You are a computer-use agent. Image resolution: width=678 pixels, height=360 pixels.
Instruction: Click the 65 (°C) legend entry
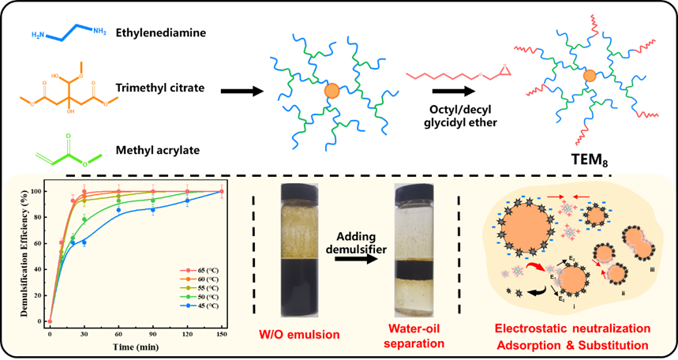pyautogui.click(x=205, y=270)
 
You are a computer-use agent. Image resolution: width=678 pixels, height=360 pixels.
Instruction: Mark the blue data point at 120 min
pyautogui.click(x=187, y=201)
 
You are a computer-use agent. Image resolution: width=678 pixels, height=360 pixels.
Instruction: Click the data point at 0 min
pyautogui.click(x=50, y=321)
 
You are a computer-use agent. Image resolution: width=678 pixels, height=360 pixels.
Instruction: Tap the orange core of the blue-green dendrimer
pyautogui.click(x=333, y=91)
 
